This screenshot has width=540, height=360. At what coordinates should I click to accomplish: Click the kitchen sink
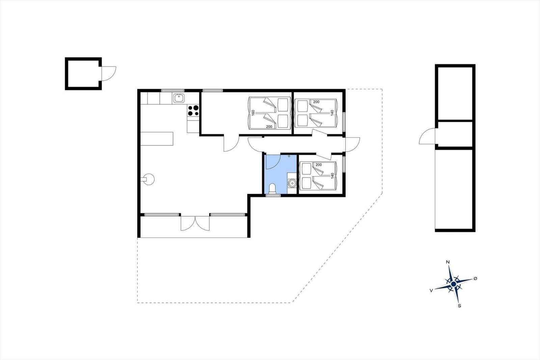(179, 98)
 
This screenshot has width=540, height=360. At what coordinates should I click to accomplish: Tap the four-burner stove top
(193, 111)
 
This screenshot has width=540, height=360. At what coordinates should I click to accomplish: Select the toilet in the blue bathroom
(272, 189)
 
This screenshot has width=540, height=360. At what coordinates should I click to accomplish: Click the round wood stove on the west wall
(148, 179)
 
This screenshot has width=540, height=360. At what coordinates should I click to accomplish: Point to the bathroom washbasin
(291, 183)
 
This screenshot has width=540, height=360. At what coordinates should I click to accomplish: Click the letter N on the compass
(448, 262)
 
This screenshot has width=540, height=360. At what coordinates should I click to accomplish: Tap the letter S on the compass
(459, 306)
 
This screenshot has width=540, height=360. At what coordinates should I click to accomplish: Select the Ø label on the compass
(475, 278)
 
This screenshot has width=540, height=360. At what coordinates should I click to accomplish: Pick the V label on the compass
(431, 290)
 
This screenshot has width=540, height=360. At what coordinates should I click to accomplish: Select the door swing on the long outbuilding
(427, 137)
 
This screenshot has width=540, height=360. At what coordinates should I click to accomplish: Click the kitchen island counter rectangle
(157, 139)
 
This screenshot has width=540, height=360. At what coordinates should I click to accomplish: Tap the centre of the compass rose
(453, 284)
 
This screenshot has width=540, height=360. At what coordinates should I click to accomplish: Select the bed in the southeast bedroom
(318, 176)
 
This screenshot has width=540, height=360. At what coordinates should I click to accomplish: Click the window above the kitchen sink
(172, 90)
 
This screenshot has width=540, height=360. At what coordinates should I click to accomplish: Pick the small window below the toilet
(273, 195)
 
